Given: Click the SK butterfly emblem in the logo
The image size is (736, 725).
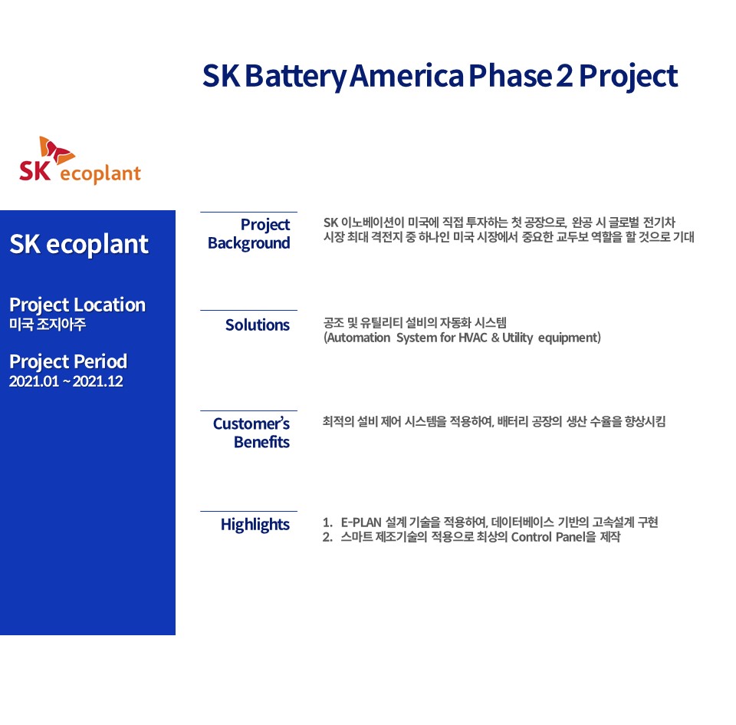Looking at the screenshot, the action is [56, 150].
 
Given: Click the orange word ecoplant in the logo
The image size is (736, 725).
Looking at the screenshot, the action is [100, 174].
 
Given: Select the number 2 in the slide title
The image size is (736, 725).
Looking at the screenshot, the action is [564, 76].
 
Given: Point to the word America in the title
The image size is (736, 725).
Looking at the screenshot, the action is [406, 76].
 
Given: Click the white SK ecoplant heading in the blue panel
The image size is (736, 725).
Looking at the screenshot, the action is [79, 244].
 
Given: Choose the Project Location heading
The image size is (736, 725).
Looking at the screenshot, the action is [77, 305].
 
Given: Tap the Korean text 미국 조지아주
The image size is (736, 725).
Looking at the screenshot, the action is [48, 324].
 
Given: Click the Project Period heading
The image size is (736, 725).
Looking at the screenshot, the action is [68, 361].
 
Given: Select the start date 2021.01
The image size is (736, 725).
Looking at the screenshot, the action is [34, 381].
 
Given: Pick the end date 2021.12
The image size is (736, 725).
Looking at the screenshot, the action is [98, 381].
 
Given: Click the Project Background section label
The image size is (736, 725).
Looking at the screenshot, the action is [249, 234].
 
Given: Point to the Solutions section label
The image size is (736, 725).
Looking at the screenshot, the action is [258, 325].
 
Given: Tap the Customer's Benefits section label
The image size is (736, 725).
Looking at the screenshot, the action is [251, 433].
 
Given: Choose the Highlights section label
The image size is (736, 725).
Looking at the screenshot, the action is [255, 525].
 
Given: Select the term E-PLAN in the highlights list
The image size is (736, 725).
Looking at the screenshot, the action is [361, 522].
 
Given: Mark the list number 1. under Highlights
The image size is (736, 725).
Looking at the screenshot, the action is [327, 522].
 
